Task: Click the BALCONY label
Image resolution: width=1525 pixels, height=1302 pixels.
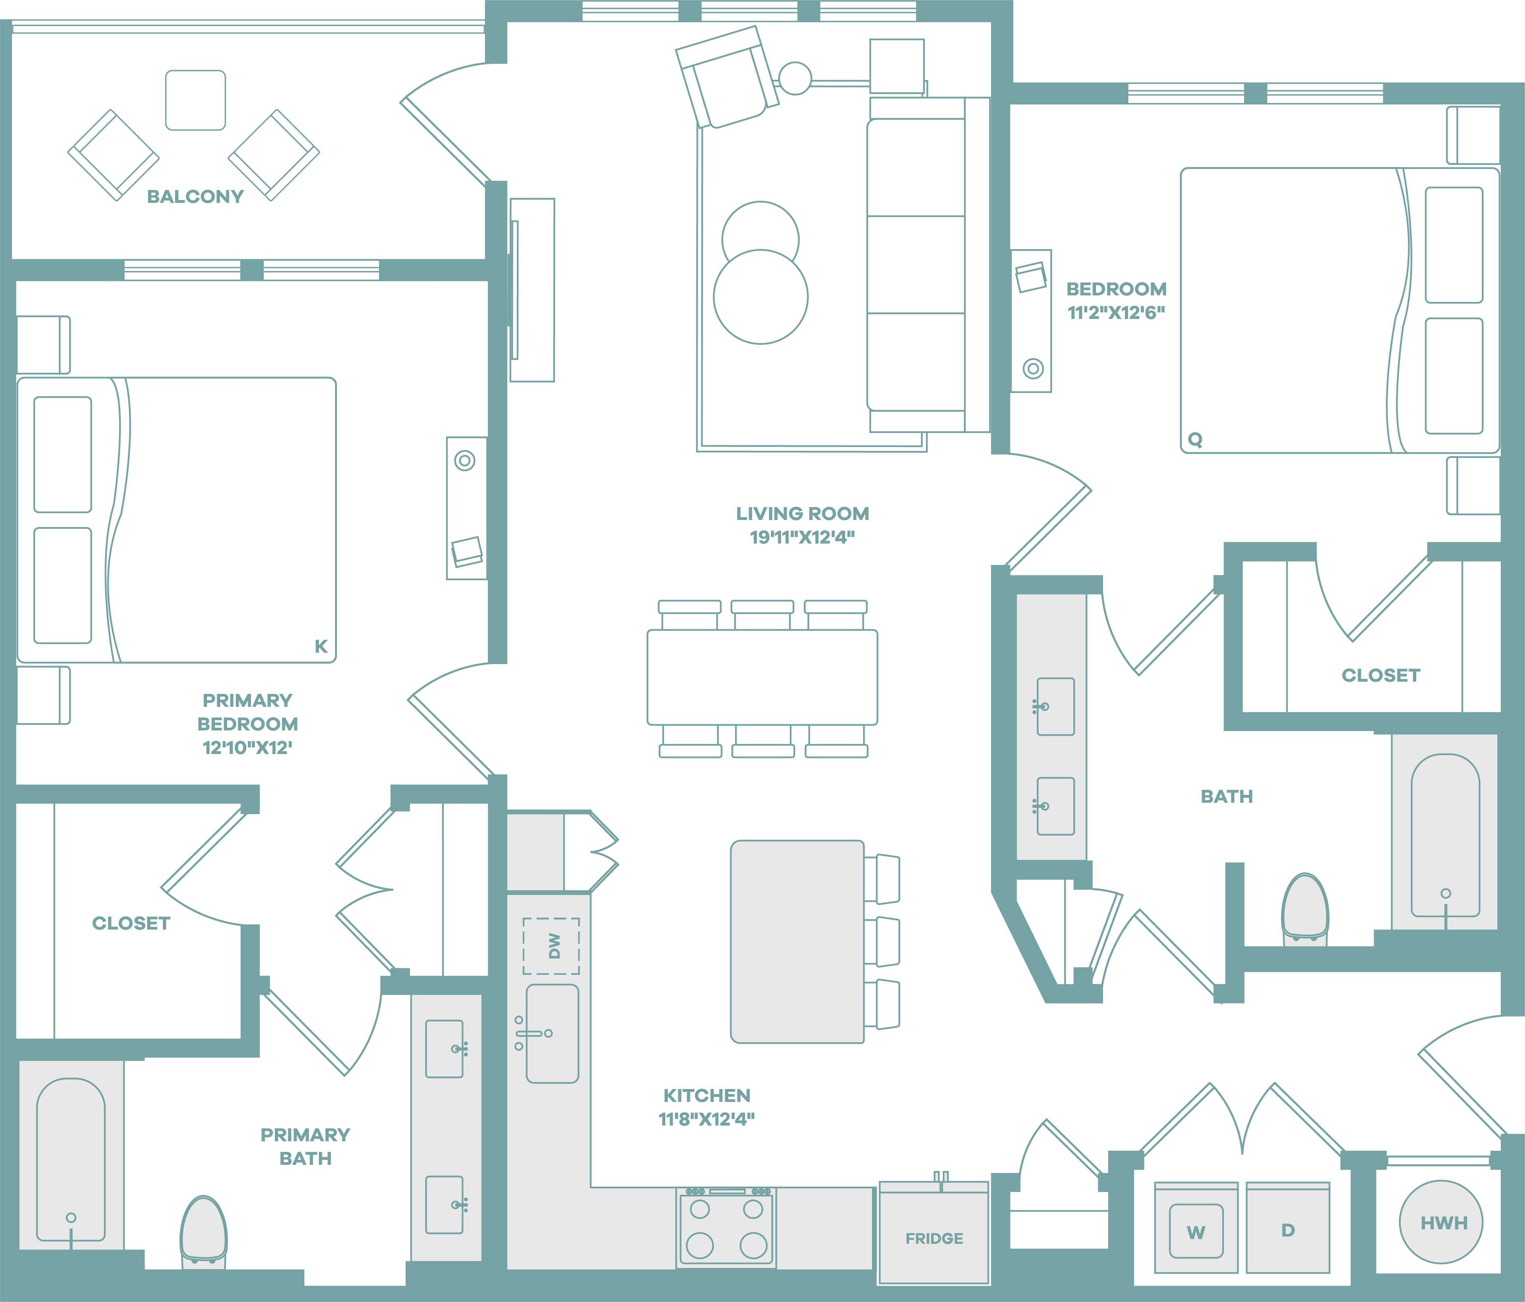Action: point(195,197)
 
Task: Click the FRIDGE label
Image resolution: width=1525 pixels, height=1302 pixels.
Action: point(934,1239)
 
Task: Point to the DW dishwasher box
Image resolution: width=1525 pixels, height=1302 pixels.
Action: point(551,946)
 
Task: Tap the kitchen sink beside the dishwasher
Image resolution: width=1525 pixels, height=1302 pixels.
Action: point(552,1033)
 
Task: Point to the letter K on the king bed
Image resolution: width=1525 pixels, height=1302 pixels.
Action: point(321,646)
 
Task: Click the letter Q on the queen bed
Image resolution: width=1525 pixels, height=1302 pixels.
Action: point(1195,439)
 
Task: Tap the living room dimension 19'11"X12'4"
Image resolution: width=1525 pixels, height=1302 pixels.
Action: point(802,537)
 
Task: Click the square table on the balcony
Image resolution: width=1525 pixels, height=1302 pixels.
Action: point(196,100)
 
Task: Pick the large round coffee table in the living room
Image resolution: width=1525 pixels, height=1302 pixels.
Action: point(761,297)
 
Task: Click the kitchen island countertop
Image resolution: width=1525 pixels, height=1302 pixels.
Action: point(797,942)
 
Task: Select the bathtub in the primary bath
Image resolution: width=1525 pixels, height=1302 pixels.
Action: point(71,1159)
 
